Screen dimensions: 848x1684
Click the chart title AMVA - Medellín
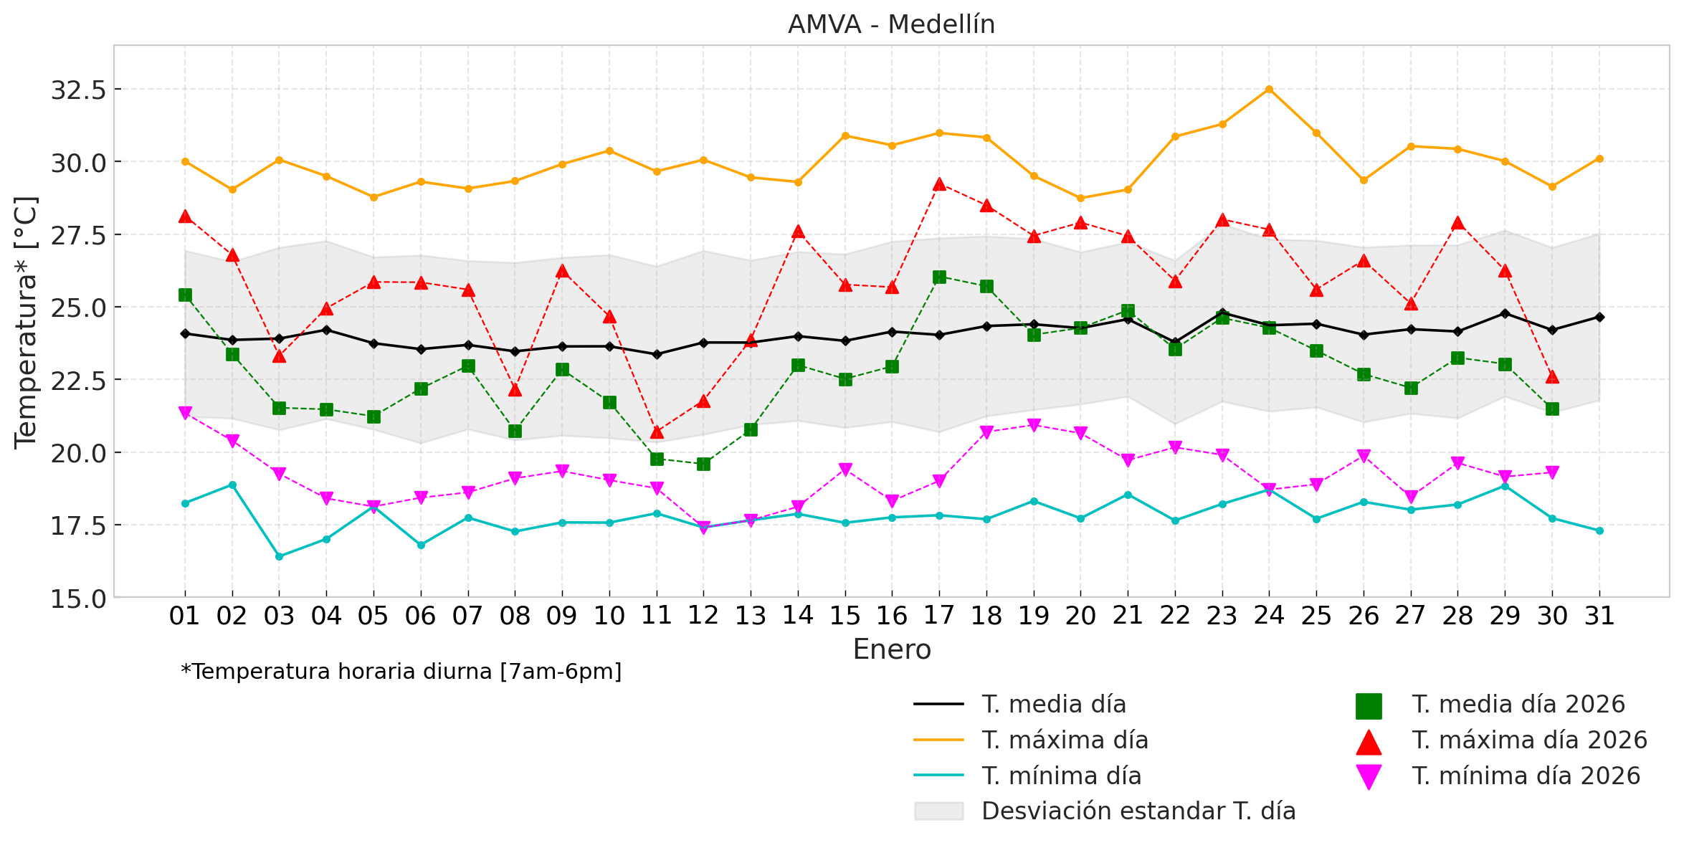(891, 25)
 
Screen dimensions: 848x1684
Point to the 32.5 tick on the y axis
(78, 90)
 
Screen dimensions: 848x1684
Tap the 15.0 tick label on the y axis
(78, 599)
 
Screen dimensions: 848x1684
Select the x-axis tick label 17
(938, 616)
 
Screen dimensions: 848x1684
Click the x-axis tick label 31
(1599, 616)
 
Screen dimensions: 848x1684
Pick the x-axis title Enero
(891, 649)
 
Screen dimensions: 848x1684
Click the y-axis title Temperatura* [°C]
(26, 323)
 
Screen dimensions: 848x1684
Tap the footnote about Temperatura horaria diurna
(401, 672)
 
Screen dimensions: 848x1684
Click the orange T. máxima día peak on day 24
(1269, 90)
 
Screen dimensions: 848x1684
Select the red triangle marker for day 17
(939, 184)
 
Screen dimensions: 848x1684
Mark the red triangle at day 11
(657, 432)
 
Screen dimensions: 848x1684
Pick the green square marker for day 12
(703, 464)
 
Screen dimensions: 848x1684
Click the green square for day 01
(185, 295)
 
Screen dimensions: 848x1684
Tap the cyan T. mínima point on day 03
(280, 556)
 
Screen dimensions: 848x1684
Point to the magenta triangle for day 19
(1034, 425)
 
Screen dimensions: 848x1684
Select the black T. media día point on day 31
(1599, 317)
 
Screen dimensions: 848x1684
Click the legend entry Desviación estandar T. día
(1138, 811)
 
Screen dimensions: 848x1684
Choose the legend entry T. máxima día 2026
(1529, 740)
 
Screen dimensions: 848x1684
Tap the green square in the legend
(1369, 706)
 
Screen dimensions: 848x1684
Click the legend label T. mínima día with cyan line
(1061, 776)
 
